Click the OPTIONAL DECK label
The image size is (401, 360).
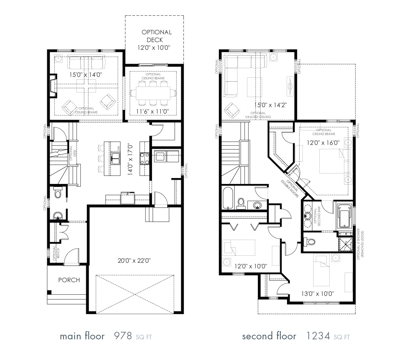pyautogui.click(x=156, y=40)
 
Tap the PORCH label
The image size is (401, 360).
pyautogui.click(x=69, y=280)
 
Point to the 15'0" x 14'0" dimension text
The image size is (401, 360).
pyautogui.click(x=86, y=75)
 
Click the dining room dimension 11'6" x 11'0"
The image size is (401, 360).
pyautogui.click(x=153, y=111)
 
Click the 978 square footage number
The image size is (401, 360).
pyautogui.click(x=123, y=336)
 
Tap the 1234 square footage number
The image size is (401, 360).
pyautogui.click(x=318, y=336)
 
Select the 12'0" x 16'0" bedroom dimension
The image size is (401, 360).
pyautogui.click(x=323, y=143)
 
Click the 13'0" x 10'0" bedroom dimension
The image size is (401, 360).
pyautogui.click(x=317, y=293)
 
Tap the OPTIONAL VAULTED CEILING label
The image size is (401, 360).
pyautogui.click(x=258, y=115)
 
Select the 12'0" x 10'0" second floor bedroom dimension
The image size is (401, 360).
pyautogui.click(x=251, y=266)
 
